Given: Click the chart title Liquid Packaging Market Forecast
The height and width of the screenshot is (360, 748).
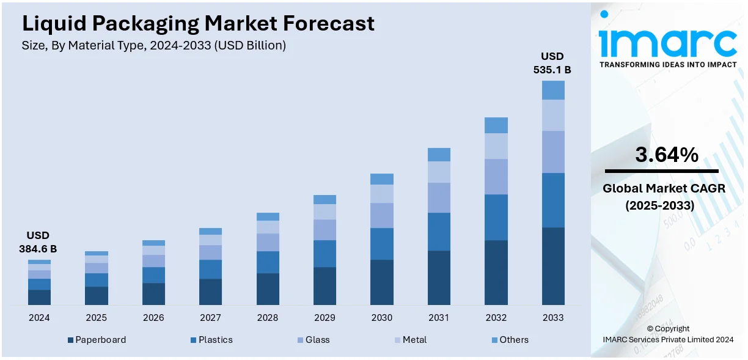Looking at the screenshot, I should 198,24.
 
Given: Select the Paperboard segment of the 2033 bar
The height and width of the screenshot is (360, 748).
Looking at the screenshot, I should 553,266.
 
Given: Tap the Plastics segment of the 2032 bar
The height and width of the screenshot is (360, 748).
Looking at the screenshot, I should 496,217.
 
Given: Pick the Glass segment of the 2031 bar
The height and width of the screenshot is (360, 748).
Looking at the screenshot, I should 439,197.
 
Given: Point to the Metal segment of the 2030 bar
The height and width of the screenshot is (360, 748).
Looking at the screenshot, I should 382,193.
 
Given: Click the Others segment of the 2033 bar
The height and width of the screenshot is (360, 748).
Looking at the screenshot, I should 553,90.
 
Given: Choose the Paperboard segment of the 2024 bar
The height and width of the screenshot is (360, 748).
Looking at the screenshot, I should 39,297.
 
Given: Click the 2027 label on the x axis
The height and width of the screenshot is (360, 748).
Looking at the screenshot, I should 210,318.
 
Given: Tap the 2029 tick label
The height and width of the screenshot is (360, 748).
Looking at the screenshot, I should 324,318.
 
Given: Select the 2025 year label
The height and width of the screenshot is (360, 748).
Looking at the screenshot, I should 96,318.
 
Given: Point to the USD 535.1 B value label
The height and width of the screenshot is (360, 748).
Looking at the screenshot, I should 552,63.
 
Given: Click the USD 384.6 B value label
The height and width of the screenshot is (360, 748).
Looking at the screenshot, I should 38,242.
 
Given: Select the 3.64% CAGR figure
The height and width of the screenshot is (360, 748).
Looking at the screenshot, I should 666,155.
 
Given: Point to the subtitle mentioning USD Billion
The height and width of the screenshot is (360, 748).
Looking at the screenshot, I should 153,45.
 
